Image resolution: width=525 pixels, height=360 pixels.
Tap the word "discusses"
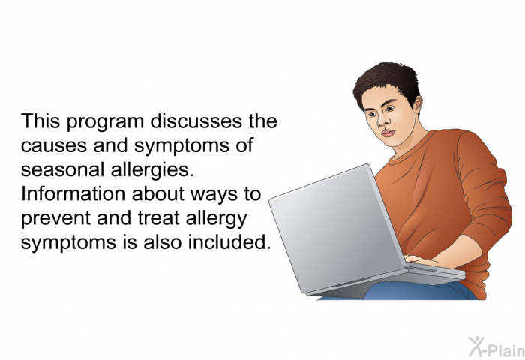coord(196,121)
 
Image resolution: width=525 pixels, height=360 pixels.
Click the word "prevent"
coord(55,220)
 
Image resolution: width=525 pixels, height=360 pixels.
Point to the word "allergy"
coord(216,220)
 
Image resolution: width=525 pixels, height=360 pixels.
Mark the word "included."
coord(229,242)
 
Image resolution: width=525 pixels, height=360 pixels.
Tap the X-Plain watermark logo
coord(496,347)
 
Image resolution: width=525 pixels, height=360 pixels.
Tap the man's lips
coord(388,133)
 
